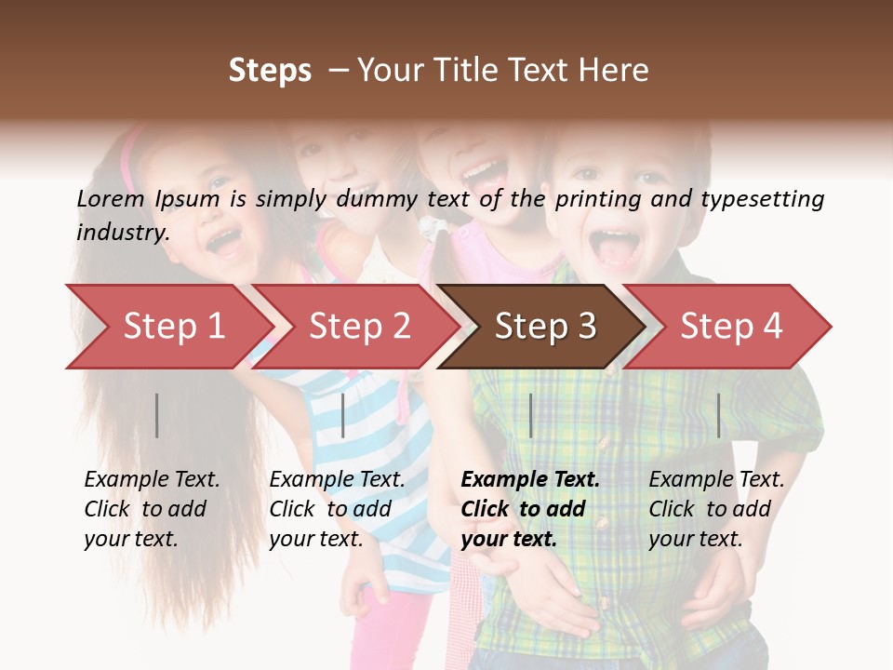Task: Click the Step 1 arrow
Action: click(x=167, y=327)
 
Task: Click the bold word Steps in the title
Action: click(x=270, y=71)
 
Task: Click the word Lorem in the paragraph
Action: click(x=110, y=199)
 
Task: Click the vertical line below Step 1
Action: click(x=157, y=415)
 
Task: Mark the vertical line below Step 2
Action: click(x=343, y=415)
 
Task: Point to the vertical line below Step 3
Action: click(x=530, y=415)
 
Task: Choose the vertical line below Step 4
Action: click(x=718, y=415)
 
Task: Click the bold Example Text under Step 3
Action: click(x=530, y=479)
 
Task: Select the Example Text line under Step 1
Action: click(x=152, y=479)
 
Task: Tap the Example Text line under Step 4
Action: click(x=716, y=479)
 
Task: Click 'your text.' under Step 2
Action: click(x=316, y=539)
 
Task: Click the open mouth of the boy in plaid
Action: click(x=615, y=248)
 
